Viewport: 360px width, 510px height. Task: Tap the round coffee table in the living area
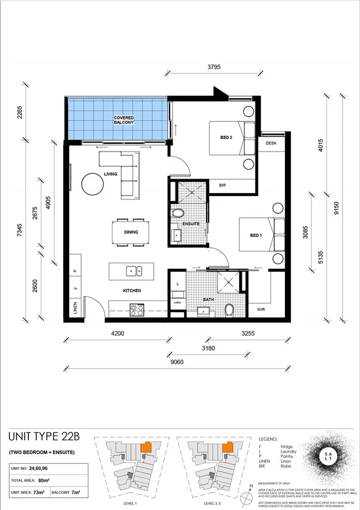(94, 184)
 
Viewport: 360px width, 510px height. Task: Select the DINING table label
(130, 232)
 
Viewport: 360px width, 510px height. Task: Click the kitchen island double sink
(135, 271)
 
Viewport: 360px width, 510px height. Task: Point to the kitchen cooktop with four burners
(137, 311)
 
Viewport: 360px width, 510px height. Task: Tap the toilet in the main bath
(229, 310)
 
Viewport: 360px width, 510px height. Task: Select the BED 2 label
(227, 138)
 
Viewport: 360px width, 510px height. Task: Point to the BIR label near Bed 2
(222, 186)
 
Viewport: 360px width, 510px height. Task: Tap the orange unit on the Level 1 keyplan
(145, 448)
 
